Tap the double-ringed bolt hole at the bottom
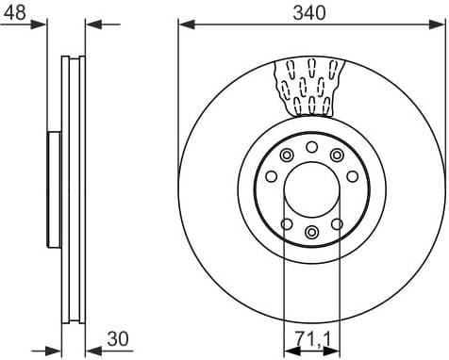(311, 232)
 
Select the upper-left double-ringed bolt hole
(286, 155)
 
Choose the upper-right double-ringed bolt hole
(337, 155)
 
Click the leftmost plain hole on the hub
(271, 176)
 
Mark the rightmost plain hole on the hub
(353, 176)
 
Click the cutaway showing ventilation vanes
(308, 85)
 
